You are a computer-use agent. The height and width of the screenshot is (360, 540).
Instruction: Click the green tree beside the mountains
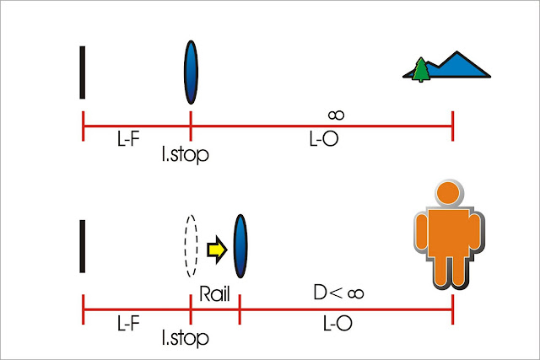click(x=419, y=70)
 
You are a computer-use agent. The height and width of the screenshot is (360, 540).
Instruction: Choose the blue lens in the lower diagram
click(x=240, y=245)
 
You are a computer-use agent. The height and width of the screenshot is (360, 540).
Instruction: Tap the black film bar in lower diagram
click(x=83, y=246)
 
